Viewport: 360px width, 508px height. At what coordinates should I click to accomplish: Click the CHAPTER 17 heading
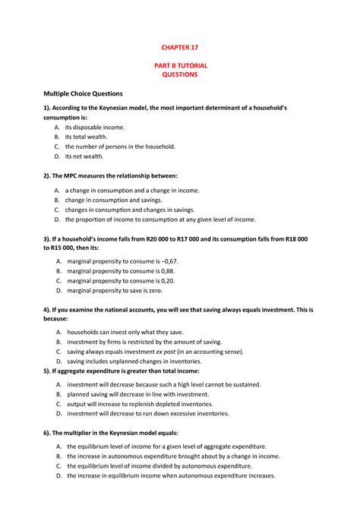tap(179, 47)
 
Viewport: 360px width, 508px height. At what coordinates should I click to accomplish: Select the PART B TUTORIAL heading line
tap(179, 66)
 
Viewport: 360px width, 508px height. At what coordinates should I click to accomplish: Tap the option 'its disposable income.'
tap(94, 127)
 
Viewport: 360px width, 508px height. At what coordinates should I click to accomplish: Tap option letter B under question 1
tap(58, 137)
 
